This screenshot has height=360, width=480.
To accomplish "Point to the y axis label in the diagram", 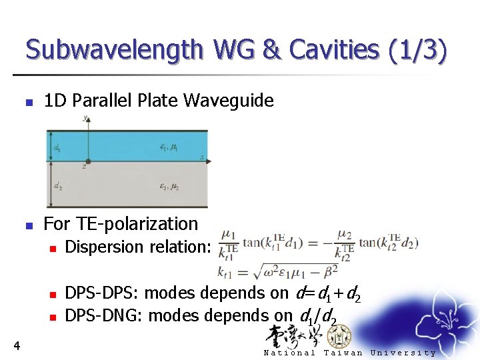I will click(x=85, y=119).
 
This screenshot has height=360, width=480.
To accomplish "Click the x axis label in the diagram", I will click(x=201, y=157).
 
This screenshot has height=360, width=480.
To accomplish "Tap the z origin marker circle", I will click(x=87, y=161).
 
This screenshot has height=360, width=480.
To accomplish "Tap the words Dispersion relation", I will click(x=137, y=247).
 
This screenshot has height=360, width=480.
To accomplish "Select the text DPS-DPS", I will click(x=101, y=293).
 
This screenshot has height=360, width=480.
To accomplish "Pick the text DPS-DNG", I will click(x=103, y=315).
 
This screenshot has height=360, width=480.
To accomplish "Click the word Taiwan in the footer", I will click(x=343, y=353).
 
